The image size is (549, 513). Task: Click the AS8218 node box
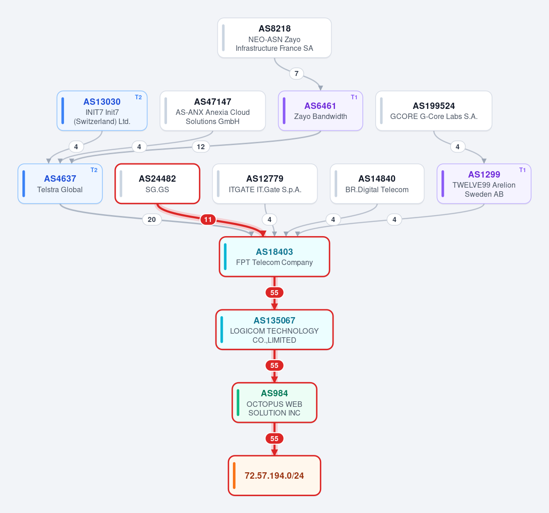(274, 38)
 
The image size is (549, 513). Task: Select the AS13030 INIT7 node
(102, 111)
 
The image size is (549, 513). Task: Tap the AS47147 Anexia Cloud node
(213, 111)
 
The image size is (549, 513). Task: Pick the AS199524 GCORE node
(434, 111)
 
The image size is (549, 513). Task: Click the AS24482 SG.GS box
(157, 184)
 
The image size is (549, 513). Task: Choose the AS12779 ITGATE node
(265, 184)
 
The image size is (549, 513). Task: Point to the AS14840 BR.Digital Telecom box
(377, 184)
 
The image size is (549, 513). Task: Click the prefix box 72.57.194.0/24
(274, 475)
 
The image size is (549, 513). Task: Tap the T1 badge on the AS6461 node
(354, 97)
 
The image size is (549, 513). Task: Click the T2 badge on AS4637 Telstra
(94, 170)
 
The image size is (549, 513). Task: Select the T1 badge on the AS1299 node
(522, 170)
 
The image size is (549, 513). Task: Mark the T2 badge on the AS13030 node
(138, 97)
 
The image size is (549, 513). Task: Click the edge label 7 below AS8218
(296, 74)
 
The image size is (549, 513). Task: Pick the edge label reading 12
(201, 146)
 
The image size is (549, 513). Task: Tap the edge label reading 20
(151, 220)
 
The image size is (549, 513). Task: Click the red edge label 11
(208, 220)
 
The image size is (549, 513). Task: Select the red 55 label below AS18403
(274, 292)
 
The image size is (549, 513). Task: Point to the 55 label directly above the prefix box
(274, 438)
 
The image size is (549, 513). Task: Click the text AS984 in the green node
(274, 393)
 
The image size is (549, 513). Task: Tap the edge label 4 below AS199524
(457, 146)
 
